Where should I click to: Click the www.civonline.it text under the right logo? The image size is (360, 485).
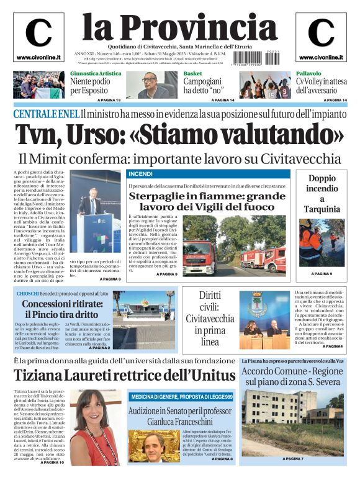tap(321, 58)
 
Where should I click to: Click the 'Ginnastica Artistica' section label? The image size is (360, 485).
tap(95, 73)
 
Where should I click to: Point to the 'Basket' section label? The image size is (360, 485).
tap(192, 73)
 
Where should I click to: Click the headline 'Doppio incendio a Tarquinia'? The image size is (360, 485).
tap(322, 193)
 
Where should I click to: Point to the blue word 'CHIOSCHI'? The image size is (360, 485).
tap(28, 292)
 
